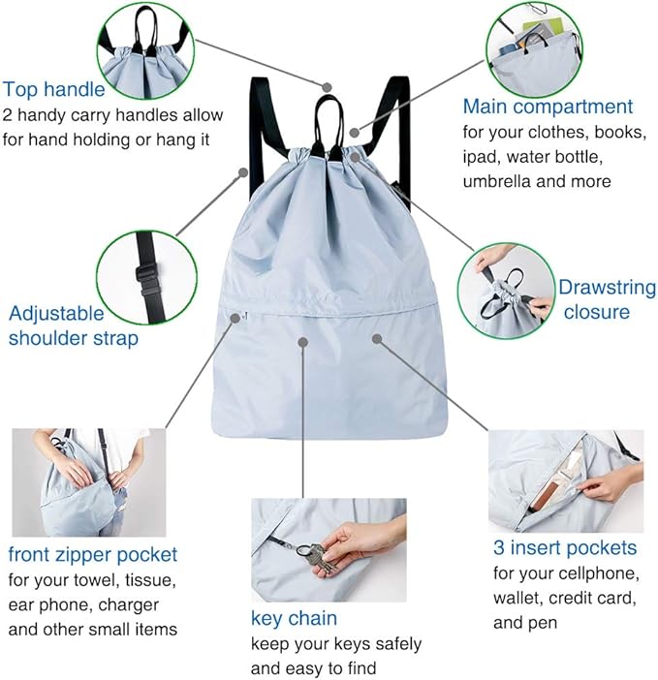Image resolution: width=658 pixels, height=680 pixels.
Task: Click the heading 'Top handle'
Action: (x=54, y=90)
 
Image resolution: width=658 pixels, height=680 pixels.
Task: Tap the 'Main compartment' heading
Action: (x=547, y=107)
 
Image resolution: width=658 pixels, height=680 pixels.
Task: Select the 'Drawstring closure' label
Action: (x=596, y=299)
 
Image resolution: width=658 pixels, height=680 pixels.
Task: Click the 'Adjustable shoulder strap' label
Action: (x=74, y=325)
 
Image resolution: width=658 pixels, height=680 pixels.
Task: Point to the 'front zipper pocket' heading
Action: (x=93, y=555)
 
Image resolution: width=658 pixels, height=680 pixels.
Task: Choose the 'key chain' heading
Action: (x=294, y=618)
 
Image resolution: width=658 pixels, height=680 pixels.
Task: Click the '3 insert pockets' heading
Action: (x=565, y=548)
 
